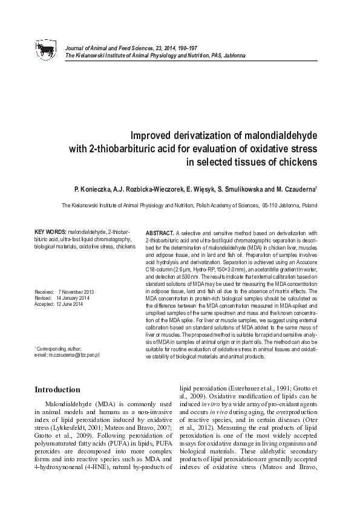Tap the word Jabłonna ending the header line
click(234, 55)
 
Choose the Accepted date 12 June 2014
click(70, 304)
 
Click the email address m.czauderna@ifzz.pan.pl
click(75, 355)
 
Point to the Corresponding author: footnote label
click(59, 349)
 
